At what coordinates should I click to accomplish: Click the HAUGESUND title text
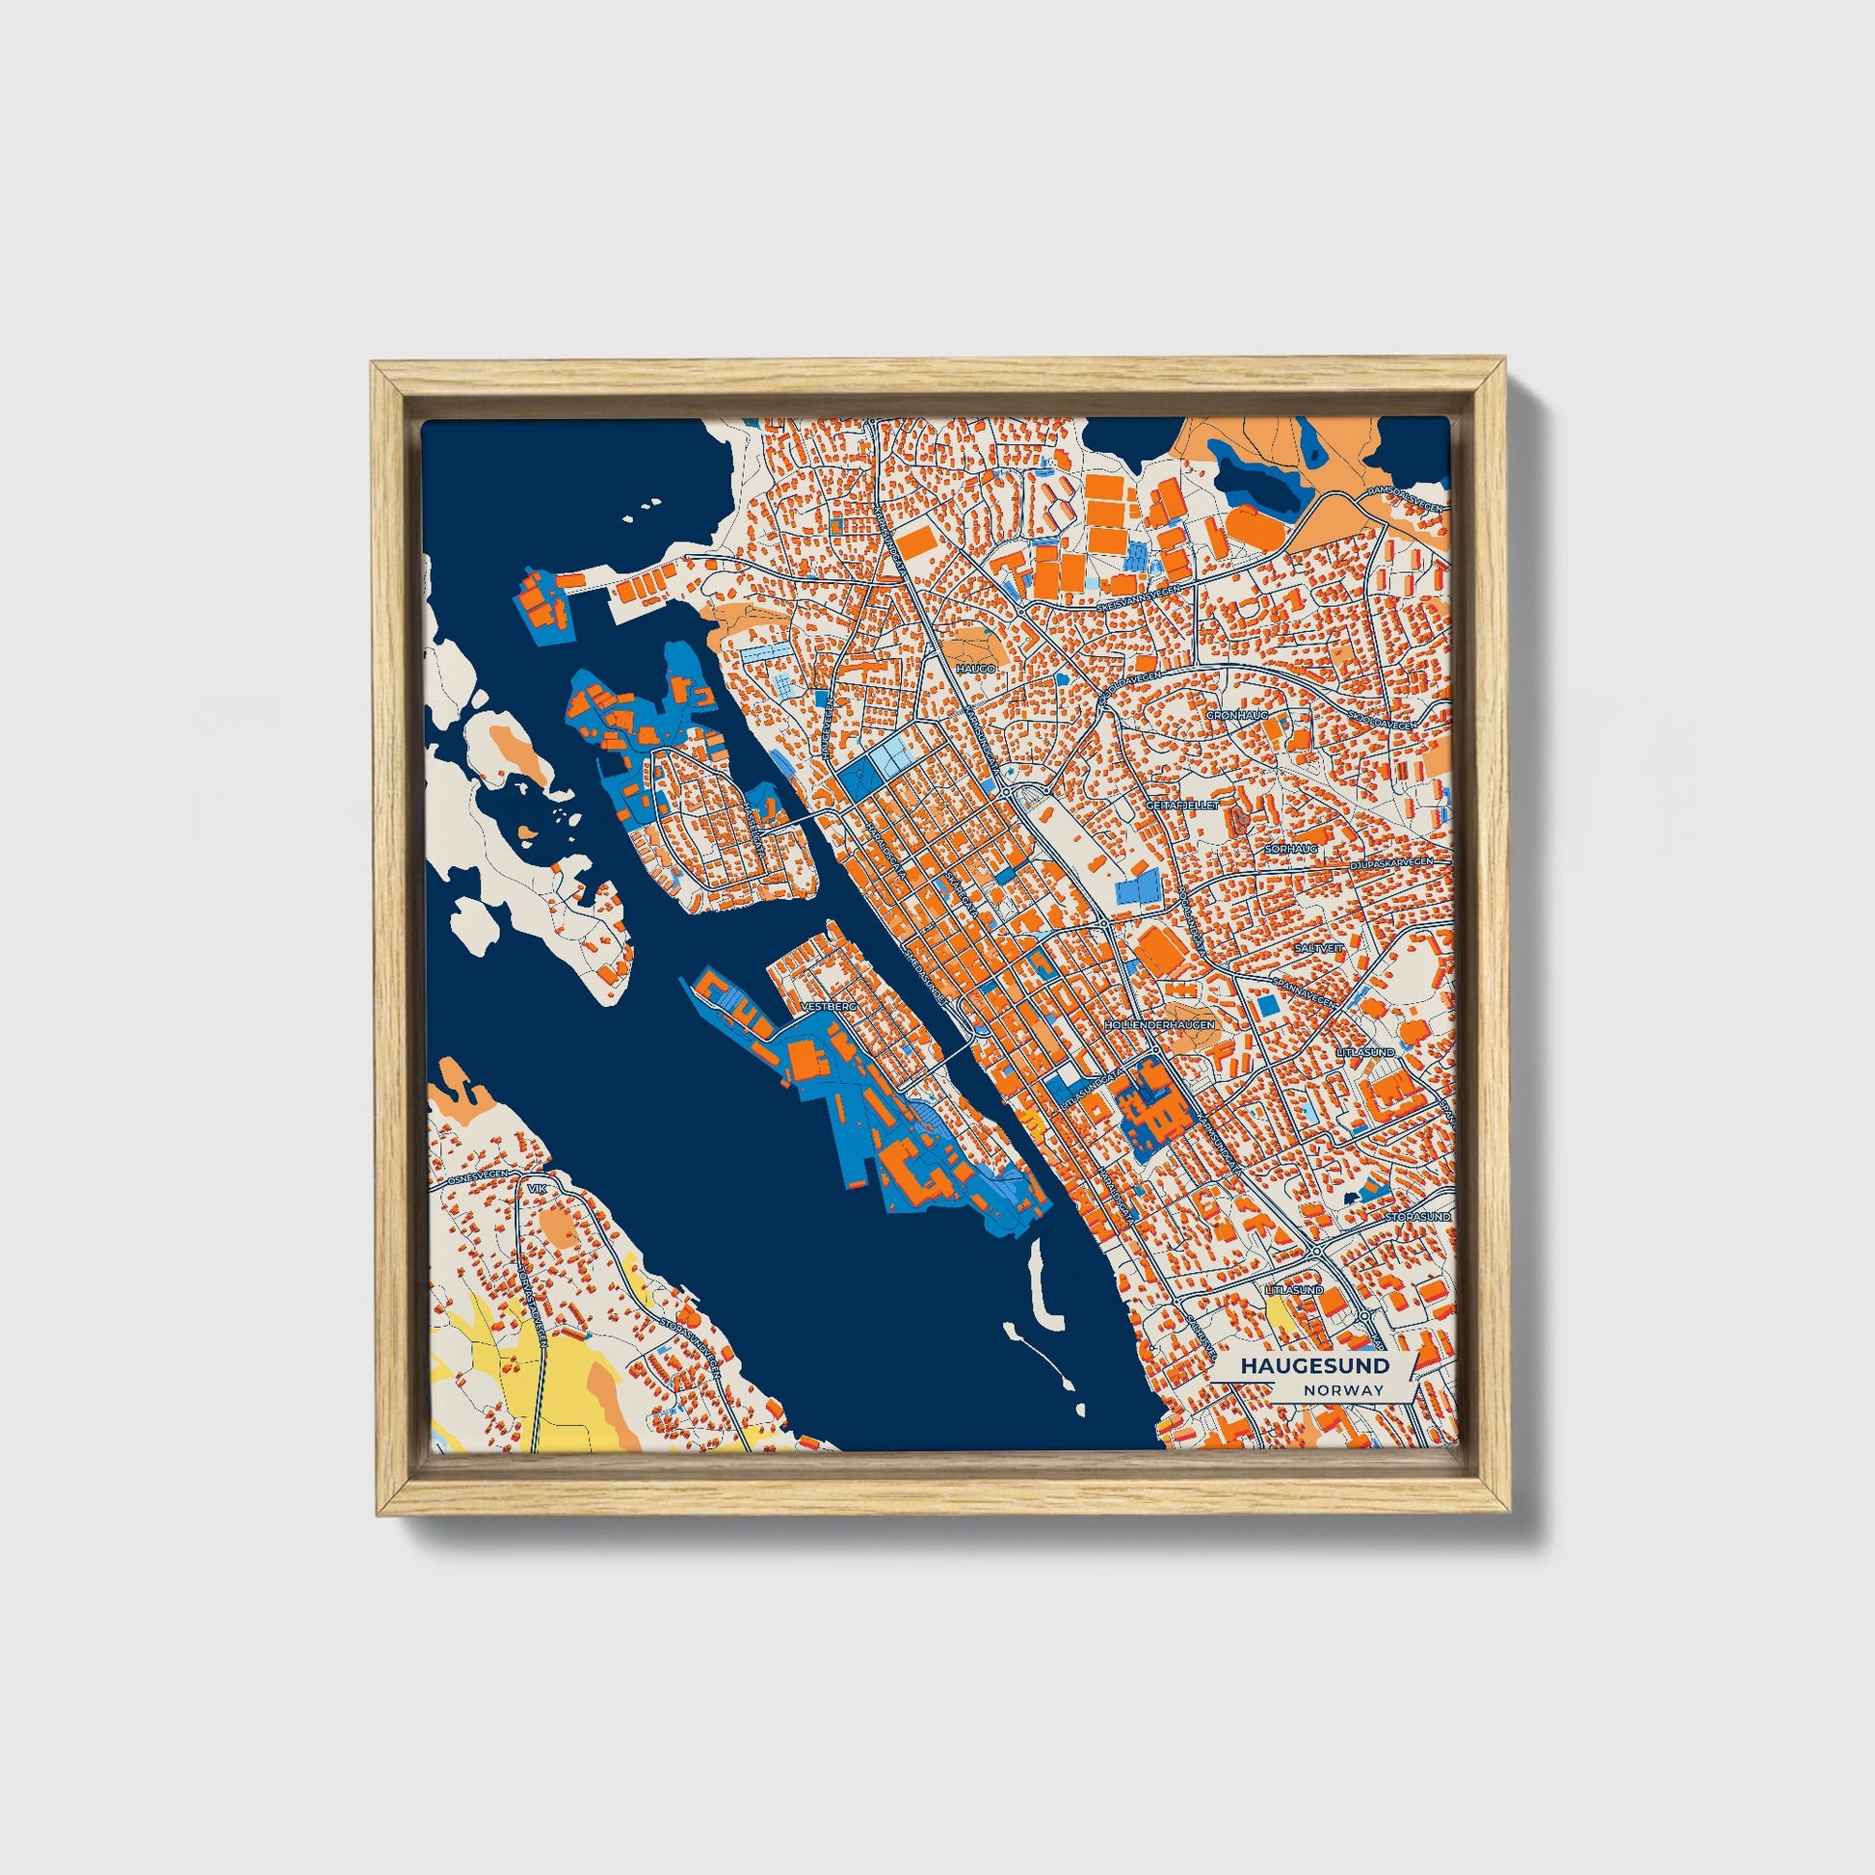1314,1365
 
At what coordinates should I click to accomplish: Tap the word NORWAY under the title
1343,1389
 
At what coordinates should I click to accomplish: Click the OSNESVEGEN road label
478,1178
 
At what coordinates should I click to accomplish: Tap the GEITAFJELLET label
1182,805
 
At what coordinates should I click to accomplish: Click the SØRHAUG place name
1291,849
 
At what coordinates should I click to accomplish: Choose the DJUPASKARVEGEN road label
1390,863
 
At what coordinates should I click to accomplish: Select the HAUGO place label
968,669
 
